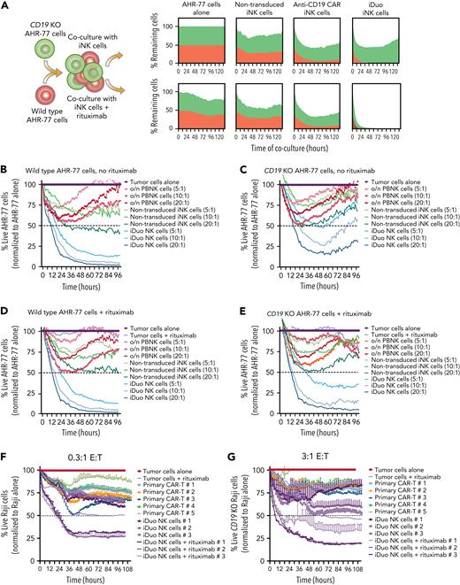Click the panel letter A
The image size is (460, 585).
5,6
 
